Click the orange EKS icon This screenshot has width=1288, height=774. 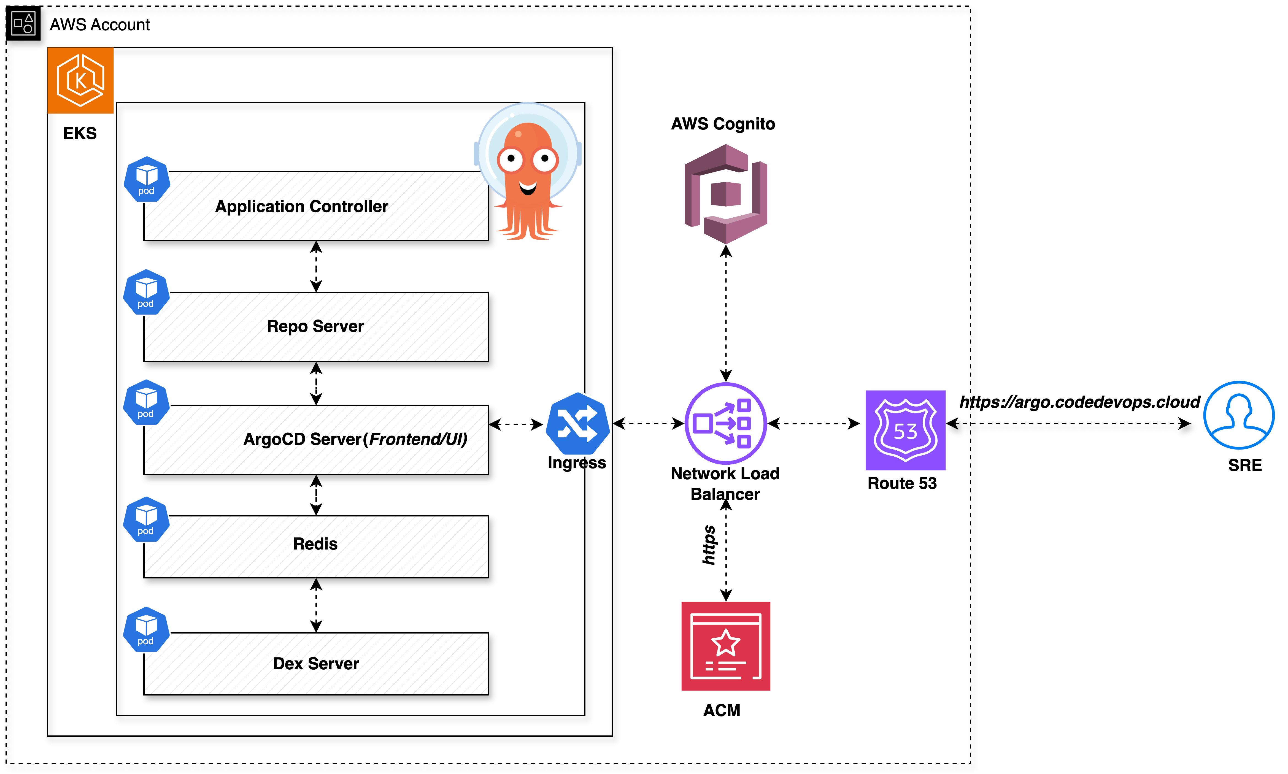80,80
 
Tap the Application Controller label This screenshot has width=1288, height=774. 301,207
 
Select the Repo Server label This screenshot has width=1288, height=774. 315,326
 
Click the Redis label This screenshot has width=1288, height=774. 315,544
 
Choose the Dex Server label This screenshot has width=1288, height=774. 316,664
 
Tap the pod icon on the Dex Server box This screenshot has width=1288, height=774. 146,629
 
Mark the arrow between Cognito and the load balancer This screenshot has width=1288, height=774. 726,313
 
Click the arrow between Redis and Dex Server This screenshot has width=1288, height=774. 316,605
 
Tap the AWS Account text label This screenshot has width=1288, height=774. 100,25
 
